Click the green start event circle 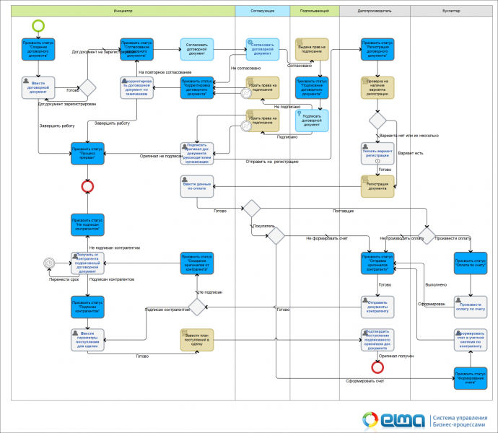point(38,25)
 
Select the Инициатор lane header point(123,12)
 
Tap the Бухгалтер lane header point(453,12)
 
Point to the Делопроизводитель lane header point(375,12)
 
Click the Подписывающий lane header point(315,12)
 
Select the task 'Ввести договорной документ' point(38,88)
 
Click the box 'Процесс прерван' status point(87,154)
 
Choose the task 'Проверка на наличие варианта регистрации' point(377,88)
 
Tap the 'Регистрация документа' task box point(377,187)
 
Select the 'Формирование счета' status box point(470,377)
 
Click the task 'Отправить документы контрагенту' point(377,306)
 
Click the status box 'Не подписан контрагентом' point(87,223)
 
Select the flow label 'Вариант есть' point(411,154)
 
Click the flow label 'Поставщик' point(343,211)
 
